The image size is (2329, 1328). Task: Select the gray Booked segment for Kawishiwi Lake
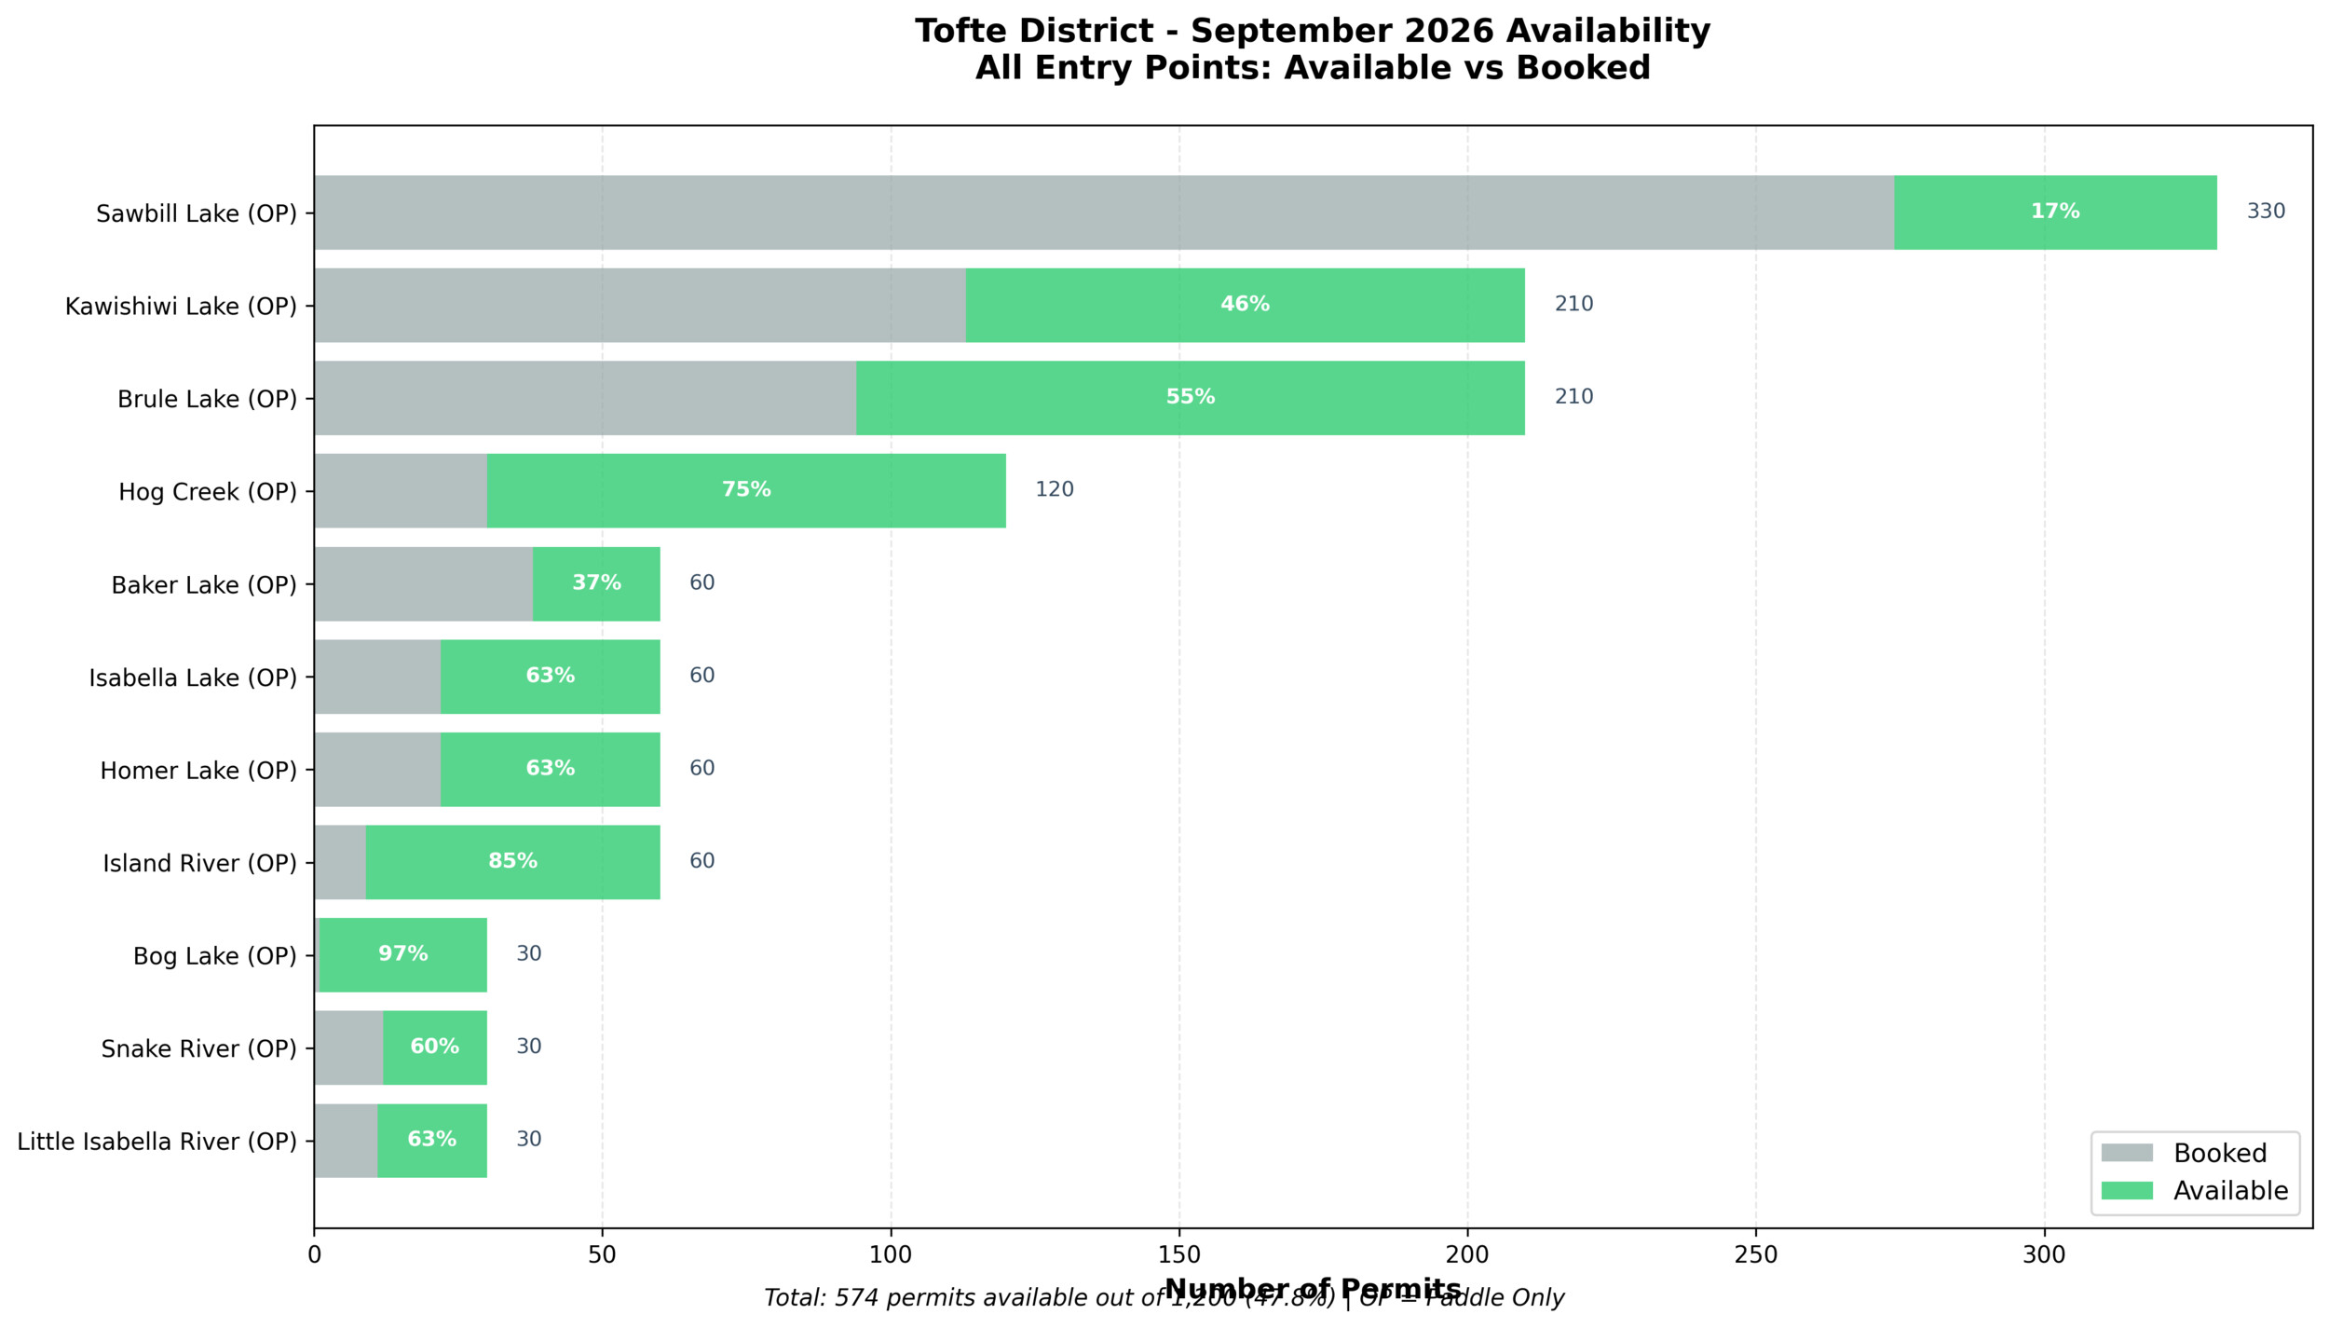point(639,305)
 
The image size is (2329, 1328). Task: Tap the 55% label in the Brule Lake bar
point(1190,397)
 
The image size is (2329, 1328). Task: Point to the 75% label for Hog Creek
point(746,489)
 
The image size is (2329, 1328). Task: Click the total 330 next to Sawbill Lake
point(2266,212)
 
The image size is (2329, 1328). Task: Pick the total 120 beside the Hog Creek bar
point(1055,489)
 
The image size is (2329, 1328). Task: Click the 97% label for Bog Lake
point(402,953)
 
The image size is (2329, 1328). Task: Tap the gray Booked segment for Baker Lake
point(423,583)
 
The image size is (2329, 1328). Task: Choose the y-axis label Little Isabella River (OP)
point(157,1142)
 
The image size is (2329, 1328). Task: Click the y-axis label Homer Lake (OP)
point(198,771)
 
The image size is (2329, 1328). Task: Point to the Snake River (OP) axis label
point(198,1049)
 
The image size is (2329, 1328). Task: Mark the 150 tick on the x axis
point(1178,1255)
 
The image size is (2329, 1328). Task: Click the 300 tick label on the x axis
point(2044,1255)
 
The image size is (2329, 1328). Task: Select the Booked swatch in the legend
point(2127,1153)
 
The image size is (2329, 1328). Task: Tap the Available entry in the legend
point(2230,1191)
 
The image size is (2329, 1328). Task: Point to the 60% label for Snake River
point(434,1047)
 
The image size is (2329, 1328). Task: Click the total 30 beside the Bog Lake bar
point(528,953)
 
